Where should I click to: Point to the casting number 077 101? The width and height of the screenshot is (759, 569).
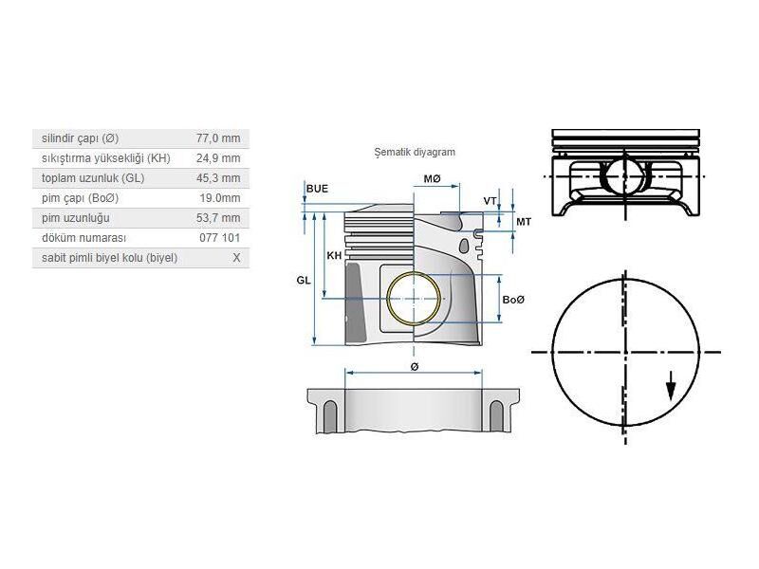click(220, 238)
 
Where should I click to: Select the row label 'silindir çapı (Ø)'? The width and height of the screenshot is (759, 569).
click(80, 138)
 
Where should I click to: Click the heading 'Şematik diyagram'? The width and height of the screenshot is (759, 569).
click(416, 152)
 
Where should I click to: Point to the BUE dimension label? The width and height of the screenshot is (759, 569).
click(317, 189)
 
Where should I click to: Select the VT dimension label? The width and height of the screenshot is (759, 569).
click(491, 201)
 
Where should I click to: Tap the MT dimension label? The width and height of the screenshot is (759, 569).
click(523, 222)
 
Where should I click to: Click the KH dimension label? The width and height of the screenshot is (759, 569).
click(334, 256)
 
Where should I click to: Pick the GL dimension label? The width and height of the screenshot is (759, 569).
click(304, 281)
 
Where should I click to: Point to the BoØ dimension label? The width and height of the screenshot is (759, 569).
click(513, 300)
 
